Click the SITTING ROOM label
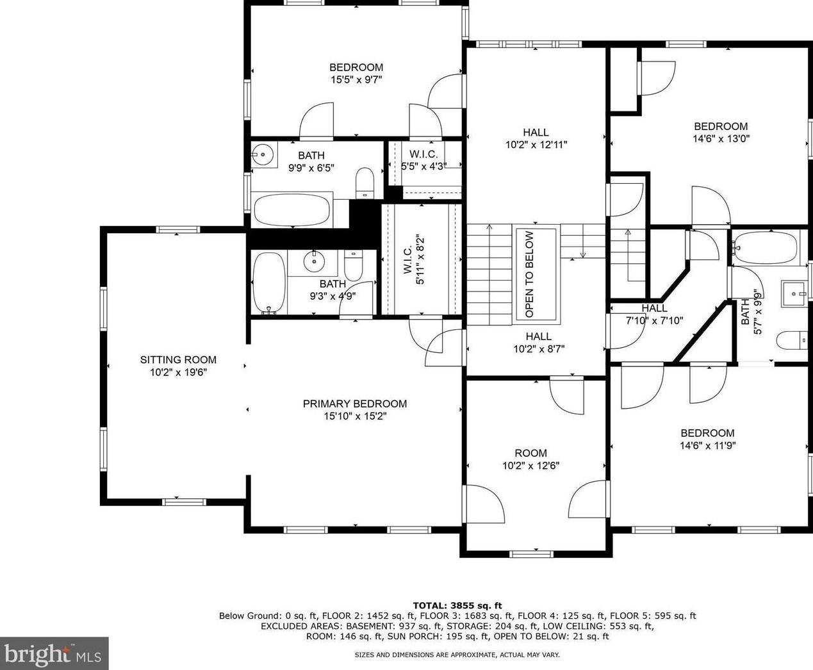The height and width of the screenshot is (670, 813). [178, 360]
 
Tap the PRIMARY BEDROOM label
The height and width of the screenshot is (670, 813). [354, 404]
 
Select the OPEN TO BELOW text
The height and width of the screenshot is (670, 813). [529, 274]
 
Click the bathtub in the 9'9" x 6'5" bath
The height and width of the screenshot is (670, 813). [292, 209]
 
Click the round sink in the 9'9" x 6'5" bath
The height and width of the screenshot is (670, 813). [262, 154]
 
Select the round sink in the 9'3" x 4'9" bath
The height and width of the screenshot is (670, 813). [314, 261]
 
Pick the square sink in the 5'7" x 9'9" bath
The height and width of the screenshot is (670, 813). [794, 293]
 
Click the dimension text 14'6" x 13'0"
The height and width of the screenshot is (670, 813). [721, 138]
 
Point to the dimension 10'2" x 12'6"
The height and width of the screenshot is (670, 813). [530, 466]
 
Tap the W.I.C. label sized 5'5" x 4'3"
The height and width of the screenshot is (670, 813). [423, 154]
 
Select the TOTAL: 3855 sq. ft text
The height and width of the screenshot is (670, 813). [457, 605]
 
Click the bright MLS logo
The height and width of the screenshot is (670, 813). [54, 653]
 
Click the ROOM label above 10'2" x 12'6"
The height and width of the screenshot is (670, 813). [530, 453]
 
